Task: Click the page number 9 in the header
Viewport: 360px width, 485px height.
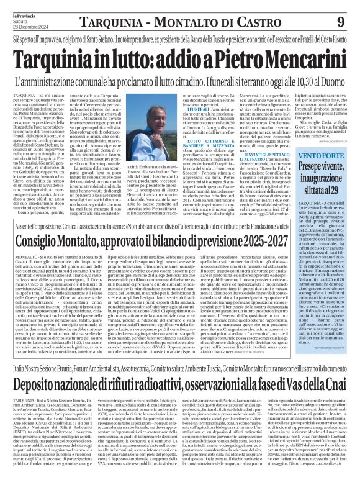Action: pos(340,22)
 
